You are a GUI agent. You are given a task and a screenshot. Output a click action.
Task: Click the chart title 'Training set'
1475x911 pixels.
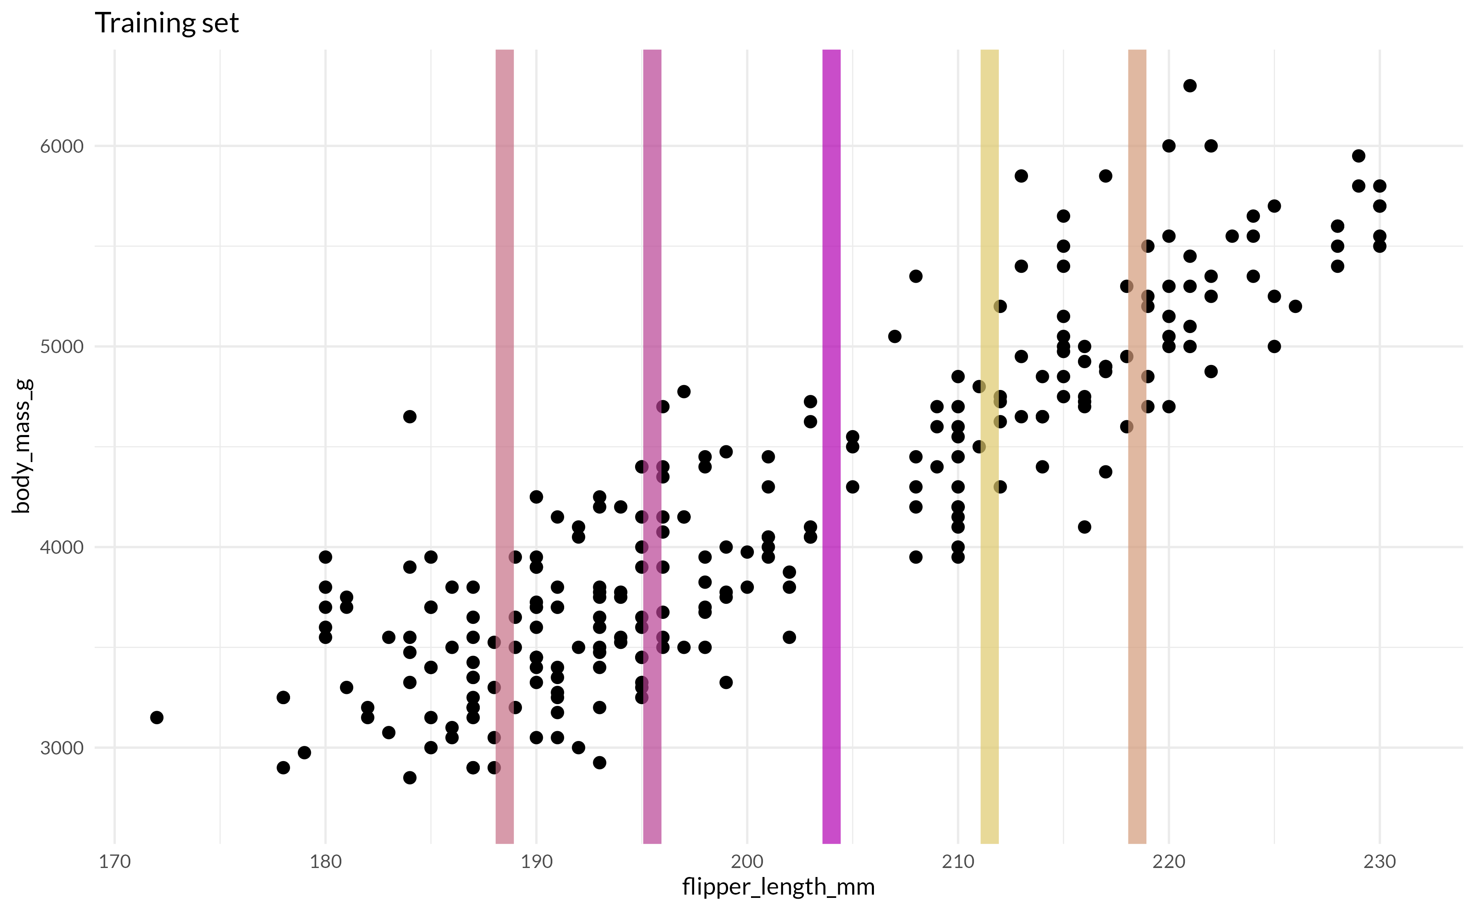167,23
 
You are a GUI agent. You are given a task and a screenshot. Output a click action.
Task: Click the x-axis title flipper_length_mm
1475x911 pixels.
778,886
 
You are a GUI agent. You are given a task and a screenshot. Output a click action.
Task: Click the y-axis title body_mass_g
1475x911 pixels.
22,446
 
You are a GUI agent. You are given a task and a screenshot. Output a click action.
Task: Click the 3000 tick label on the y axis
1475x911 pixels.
61,748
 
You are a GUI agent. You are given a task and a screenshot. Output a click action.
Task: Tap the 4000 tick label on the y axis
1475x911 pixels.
61,547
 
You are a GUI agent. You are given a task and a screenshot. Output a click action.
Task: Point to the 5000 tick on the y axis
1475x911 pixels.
61,347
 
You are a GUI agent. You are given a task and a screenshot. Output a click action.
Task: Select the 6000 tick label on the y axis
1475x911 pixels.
61,146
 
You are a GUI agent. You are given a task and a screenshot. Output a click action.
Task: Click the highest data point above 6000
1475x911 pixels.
1190,86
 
